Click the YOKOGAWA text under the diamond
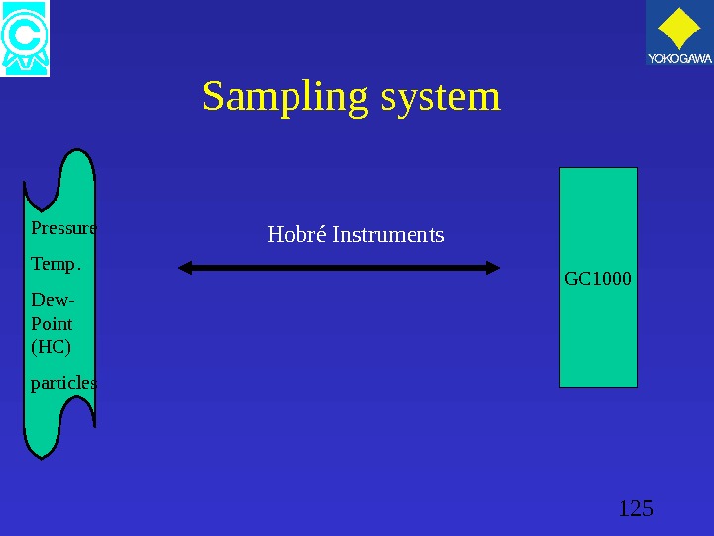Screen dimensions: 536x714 pyautogui.click(x=679, y=60)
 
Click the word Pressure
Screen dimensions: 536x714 pyautogui.click(x=63, y=228)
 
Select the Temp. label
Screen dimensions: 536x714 pyautogui.click(x=57, y=265)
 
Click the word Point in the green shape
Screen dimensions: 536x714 pyautogui.click(x=53, y=324)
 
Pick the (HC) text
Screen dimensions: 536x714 pyautogui.click(x=52, y=347)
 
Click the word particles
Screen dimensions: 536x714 pyautogui.click(x=63, y=383)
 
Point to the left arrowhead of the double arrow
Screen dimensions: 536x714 pyautogui.click(x=186, y=267)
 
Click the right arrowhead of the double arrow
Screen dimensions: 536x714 pyautogui.click(x=493, y=267)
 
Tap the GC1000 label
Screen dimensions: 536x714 pyautogui.click(x=597, y=279)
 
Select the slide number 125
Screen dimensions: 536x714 pyautogui.click(x=635, y=509)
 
